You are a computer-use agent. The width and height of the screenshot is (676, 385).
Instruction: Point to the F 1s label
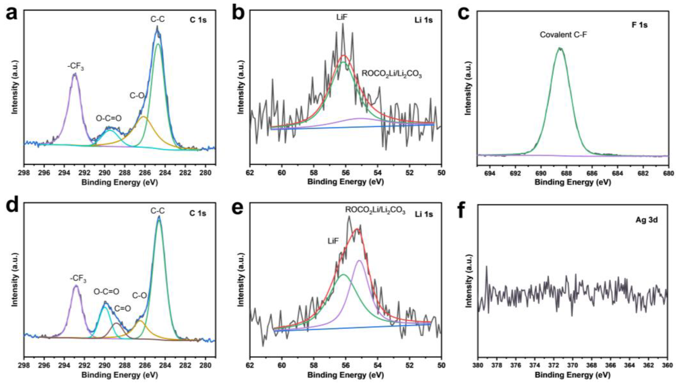pyautogui.click(x=639, y=25)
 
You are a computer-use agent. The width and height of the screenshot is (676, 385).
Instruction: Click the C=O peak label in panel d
pyautogui.click(x=122, y=309)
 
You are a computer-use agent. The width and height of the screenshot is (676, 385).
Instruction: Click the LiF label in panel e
pyautogui.click(x=333, y=241)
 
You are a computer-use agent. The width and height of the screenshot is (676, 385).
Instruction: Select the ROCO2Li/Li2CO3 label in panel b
pyautogui.click(x=391, y=74)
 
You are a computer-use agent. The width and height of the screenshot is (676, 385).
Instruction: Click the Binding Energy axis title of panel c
pyautogui.click(x=573, y=182)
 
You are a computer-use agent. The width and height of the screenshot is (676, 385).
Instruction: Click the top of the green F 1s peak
pyautogui.click(x=560, y=48)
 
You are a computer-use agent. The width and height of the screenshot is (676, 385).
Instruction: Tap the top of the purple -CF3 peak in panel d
pyautogui.click(x=76, y=286)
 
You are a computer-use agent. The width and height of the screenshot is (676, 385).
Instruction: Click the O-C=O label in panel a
pyautogui.click(x=109, y=118)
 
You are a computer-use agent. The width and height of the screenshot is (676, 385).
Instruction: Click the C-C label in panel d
pyautogui.click(x=158, y=211)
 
